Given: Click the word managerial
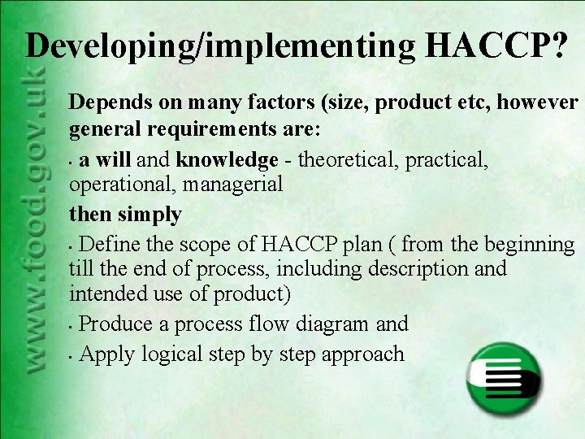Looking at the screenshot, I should pos(233,185).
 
